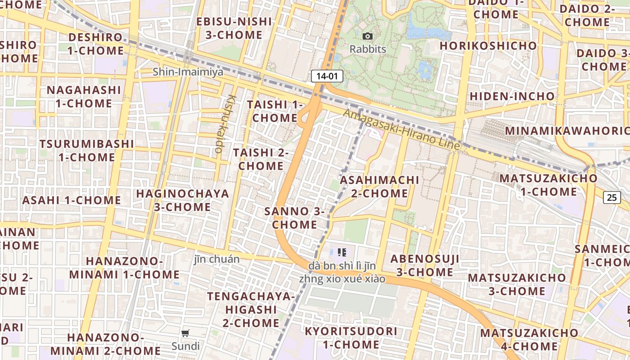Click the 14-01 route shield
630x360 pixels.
pos(327,76)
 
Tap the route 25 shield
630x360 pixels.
pos(612,197)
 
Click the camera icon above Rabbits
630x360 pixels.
pos(368,36)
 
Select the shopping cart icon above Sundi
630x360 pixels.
pos(185,333)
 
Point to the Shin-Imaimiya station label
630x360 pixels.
pos(188,72)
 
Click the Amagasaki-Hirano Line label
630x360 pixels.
pos(401,130)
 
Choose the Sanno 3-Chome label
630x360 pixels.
pos(295,218)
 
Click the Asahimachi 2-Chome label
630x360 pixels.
pos(379,187)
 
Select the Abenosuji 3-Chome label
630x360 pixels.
pos(424,265)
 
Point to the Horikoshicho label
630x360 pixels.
pos(488,46)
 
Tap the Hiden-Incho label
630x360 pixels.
pos(512,96)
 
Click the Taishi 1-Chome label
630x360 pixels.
pos(274,111)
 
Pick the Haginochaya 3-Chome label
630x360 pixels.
pos(182,200)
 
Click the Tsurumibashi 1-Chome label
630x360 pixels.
pos(86,151)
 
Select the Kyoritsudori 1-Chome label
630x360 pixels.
pos(351,338)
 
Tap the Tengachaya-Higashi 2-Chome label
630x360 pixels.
pos(251,310)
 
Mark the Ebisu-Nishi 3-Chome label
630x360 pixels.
pos(234,28)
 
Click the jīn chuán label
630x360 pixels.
pos(216,259)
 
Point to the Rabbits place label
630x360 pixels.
pos(368,49)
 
